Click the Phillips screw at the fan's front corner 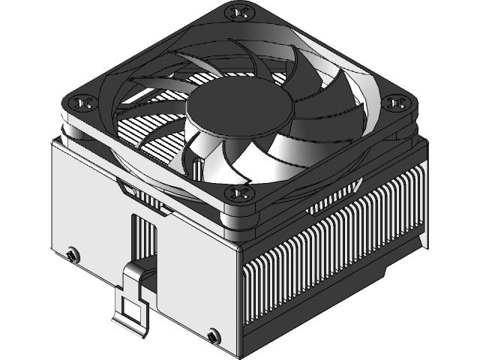241,194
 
